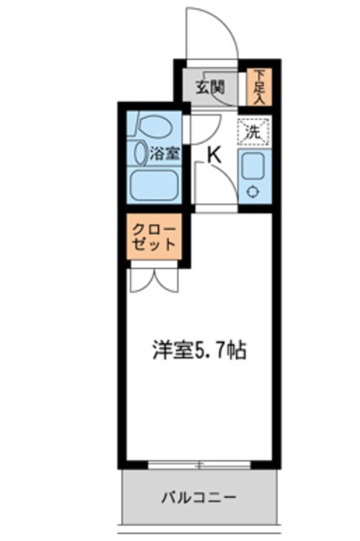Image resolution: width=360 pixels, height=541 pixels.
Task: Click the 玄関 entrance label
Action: coord(211,85)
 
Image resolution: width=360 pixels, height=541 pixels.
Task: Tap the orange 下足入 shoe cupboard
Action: coord(257,85)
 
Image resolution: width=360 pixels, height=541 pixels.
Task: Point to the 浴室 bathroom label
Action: coord(164,154)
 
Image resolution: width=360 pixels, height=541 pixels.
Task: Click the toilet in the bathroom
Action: coord(152,127)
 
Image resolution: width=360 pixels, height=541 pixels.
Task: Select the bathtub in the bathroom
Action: coord(152,183)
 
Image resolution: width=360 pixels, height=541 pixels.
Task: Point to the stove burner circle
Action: coord(253,191)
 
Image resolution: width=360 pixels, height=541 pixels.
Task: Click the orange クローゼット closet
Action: coord(153,238)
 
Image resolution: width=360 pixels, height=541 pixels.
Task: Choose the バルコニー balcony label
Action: coord(199,496)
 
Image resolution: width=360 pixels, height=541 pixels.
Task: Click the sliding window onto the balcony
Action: coord(199,464)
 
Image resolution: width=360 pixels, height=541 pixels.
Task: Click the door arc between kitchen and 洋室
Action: coord(211,182)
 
